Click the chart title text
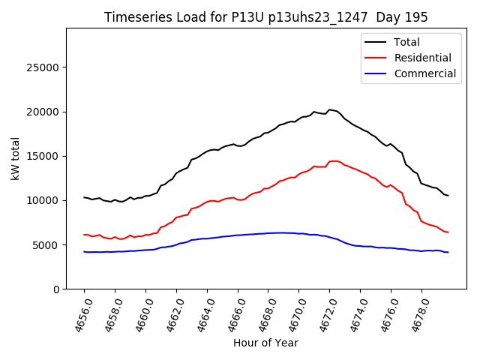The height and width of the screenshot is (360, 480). tap(266, 17)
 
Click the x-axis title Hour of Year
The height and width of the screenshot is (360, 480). tap(265, 343)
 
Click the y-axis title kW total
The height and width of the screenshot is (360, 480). tap(16, 159)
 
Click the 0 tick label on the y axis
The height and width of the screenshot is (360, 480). tap(56, 289)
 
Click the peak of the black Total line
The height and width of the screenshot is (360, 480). tap(329, 109)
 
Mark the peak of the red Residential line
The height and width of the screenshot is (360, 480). tap(334, 160)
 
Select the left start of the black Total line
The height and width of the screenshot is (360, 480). tap(84, 197)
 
